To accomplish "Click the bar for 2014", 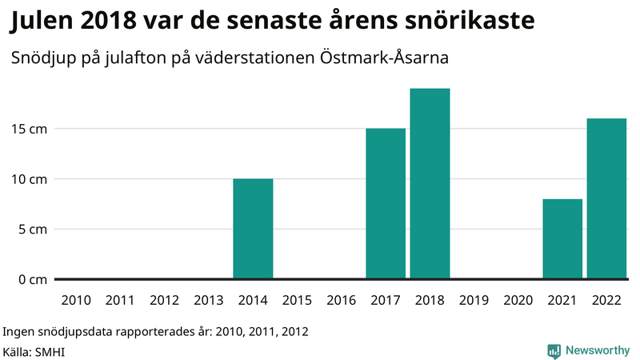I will (x=253, y=229).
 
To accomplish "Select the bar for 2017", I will (x=386, y=203).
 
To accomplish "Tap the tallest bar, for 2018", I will (x=430, y=183).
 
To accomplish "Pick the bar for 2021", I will (x=562, y=238).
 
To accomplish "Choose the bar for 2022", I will (x=606, y=198).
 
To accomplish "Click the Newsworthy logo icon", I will (x=553, y=350).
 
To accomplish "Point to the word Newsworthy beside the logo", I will (x=597, y=350).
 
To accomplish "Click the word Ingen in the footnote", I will (x=19, y=330).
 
